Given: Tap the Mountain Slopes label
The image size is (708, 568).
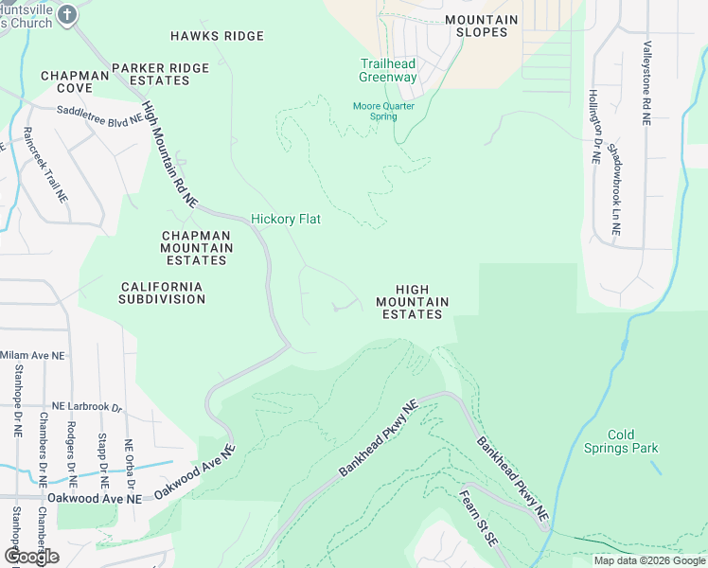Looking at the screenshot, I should coord(481,26).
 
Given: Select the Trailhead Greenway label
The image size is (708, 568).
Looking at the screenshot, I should coord(388,71).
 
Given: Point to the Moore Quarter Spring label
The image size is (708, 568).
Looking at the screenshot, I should coord(383,111).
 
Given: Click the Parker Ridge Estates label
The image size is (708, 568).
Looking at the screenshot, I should coord(150,74).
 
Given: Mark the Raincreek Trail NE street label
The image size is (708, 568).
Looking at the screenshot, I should coord(46,166).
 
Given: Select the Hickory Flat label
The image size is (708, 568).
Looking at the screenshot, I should coord(286,220).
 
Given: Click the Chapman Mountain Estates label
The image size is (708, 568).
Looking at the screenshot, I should coord(196,248).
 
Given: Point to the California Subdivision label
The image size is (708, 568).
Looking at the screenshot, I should coord(162,293).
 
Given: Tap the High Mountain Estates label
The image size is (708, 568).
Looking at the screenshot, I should coord(412,302).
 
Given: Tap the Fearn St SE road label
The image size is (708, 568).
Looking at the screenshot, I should coord(477,516).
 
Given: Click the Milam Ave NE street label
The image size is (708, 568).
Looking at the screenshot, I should coord(33,355).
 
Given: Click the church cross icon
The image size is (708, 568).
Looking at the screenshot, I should coord(66,14).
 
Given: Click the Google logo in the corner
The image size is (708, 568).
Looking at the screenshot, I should coord(30,557).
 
